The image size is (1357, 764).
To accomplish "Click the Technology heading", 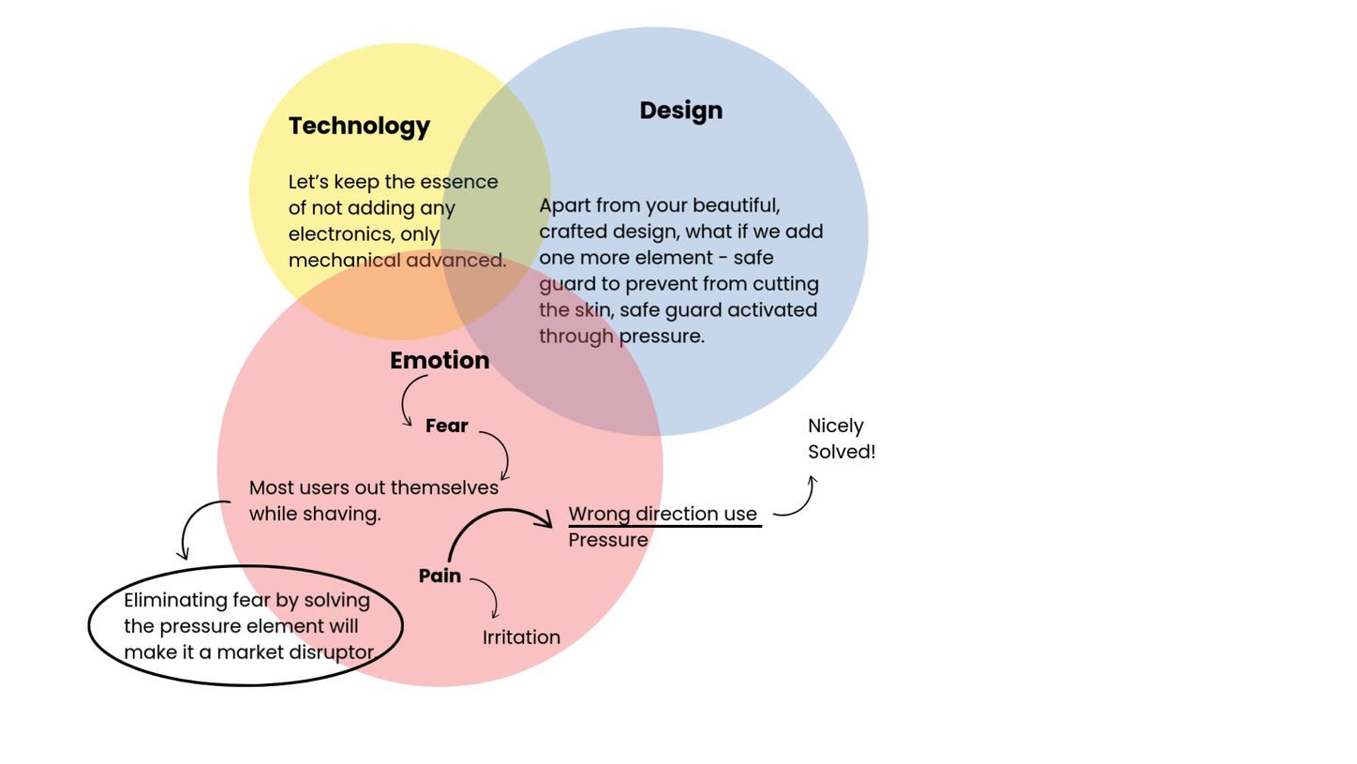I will click(x=359, y=126).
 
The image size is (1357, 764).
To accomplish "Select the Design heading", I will click(x=680, y=111).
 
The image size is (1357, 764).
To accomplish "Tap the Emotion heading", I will click(x=440, y=361).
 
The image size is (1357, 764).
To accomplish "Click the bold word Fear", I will click(x=446, y=427).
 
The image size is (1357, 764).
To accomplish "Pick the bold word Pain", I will click(x=440, y=577).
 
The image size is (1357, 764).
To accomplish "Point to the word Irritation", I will click(x=521, y=637).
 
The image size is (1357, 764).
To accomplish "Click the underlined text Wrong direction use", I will click(x=663, y=514).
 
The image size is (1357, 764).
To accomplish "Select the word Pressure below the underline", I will click(x=608, y=541).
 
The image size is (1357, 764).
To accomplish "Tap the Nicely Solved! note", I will click(x=841, y=439).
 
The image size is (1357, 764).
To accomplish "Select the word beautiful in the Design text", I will click(x=736, y=205).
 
